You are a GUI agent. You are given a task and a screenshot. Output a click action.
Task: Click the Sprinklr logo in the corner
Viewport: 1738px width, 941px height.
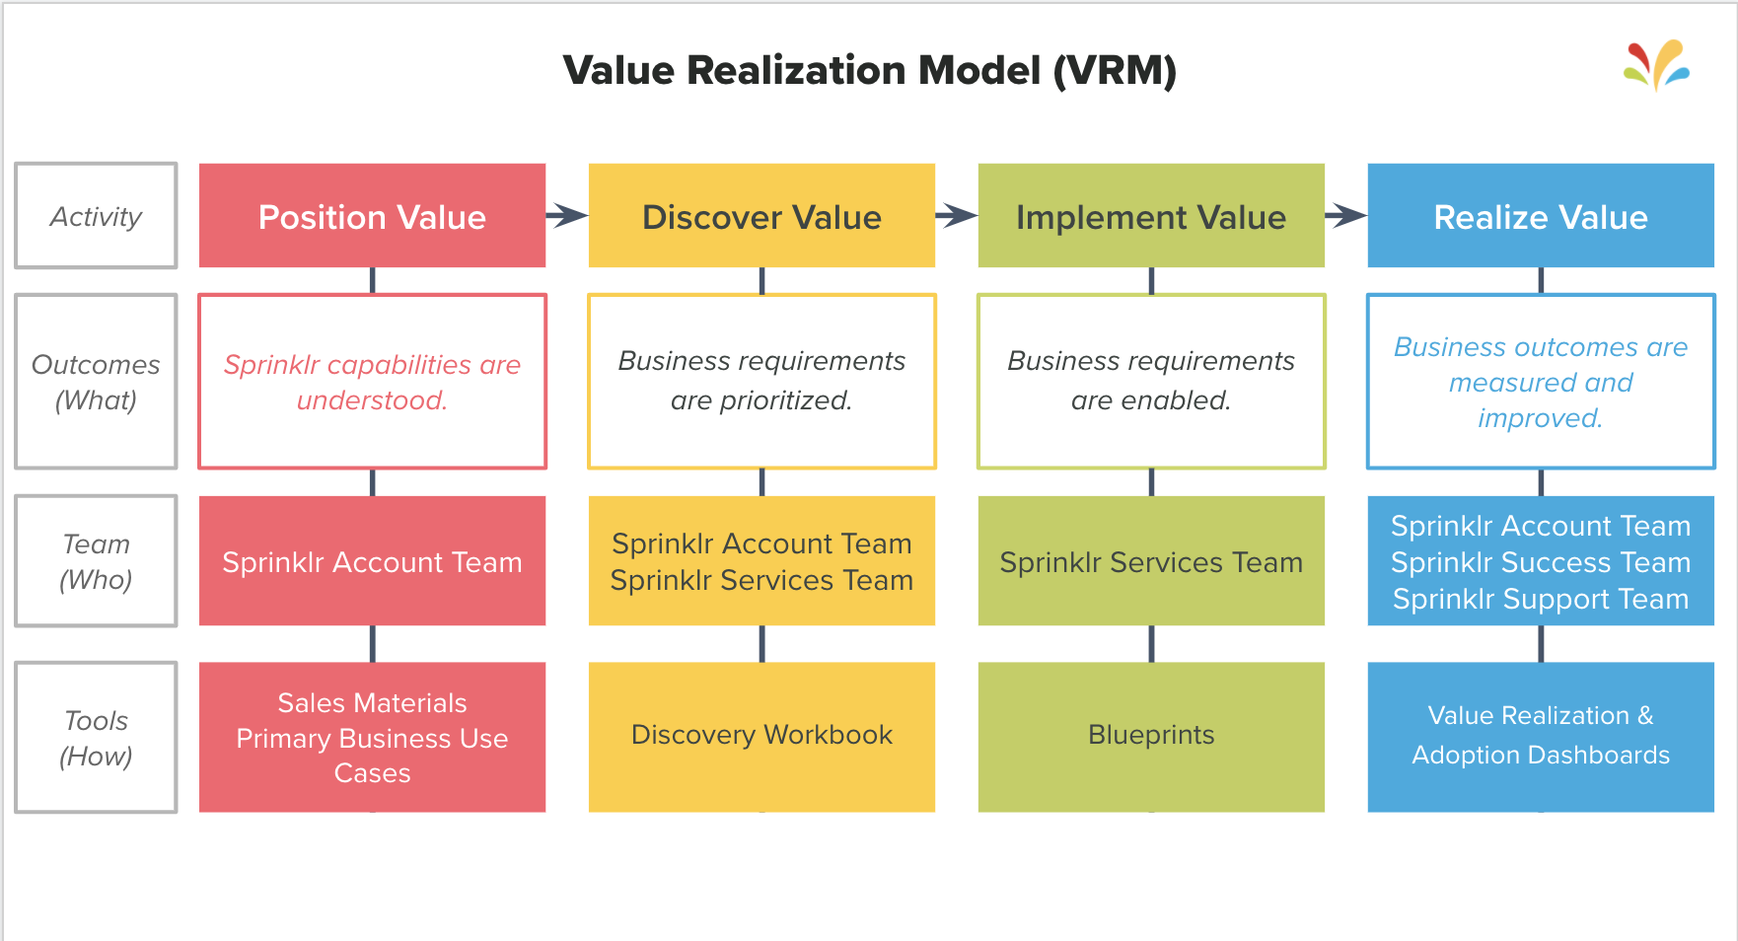pyautogui.click(x=1657, y=65)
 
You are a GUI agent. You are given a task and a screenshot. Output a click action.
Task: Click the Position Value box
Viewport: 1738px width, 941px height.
pyautogui.click(x=372, y=216)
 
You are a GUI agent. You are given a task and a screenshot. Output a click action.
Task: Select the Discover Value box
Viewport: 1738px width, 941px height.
pyautogui.click(x=761, y=216)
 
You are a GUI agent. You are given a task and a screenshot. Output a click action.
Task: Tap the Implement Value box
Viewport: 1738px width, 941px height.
pyautogui.click(x=1151, y=216)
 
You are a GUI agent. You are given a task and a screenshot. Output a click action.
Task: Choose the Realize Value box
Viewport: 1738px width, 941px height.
pyautogui.click(x=1541, y=216)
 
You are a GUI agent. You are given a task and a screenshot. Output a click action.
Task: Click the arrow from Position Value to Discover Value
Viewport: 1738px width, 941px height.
pyautogui.click(x=567, y=215)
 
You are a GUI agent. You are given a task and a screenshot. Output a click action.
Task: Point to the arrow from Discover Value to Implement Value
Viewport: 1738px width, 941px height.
pyautogui.click(x=957, y=215)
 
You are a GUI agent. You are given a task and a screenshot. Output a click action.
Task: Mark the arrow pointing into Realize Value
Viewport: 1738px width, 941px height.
pyautogui.click(x=1346, y=215)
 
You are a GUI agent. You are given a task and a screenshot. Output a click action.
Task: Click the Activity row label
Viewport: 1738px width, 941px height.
pyautogui.click(x=96, y=216)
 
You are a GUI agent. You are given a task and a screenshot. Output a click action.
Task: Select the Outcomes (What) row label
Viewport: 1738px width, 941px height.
pyautogui.click(x=96, y=382)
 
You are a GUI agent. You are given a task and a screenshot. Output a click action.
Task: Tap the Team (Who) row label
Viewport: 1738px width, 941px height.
pyautogui.click(x=96, y=561)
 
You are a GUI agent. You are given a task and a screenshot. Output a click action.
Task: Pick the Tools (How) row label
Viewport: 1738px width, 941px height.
pyautogui.click(x=96, y=738)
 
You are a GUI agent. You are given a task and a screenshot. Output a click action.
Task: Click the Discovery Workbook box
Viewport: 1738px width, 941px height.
pyautogui.click(x=761, y=736)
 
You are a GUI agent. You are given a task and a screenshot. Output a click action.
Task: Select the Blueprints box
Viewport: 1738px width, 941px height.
pyautogui.click(x=1151, y=736)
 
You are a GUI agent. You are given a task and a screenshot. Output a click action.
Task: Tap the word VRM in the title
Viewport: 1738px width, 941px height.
pyautogui.click(x=1115, y=71)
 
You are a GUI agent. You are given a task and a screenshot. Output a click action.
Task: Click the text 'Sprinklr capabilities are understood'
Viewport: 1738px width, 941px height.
pyautogui.click(x=372, y=382)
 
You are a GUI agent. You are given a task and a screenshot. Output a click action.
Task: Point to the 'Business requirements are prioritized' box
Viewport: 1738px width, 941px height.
pyautogui.click(x=761, y=381)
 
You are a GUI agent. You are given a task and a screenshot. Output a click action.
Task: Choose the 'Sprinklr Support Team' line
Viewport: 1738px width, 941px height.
pyautogui.click(x=1541, y=599)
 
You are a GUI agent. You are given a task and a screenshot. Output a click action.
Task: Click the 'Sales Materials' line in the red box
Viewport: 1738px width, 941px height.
pyautogui.click(x=372, y=702)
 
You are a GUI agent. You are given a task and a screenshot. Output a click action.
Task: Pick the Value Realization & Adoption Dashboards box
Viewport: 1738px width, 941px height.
pyautogui.click(x=1541, y=736)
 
